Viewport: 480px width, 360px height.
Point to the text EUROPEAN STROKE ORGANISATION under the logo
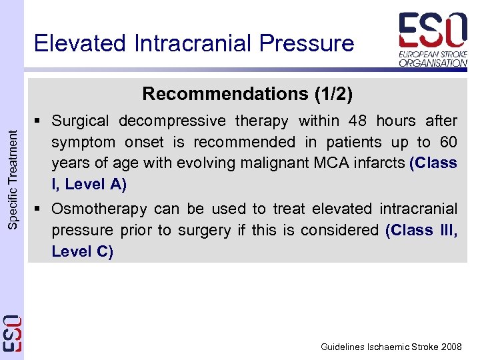point(433,59)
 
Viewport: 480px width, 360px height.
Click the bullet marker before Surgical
point(40,121)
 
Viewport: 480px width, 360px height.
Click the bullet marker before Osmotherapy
point(40,209)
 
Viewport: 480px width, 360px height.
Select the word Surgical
point(80,121)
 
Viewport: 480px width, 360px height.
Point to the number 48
point(353,121)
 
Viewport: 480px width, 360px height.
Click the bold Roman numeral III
point(445,231)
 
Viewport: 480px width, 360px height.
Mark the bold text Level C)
point(83,252)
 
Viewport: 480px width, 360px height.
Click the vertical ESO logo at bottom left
point(12,333)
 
